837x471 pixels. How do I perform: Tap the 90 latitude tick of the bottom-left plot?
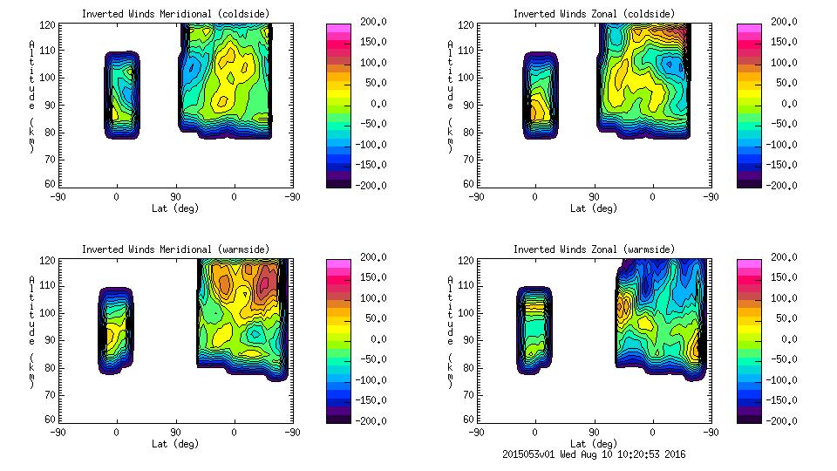[174, 432]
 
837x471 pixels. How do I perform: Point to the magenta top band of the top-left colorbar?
[339, 28]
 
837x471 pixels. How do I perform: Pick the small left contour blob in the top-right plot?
[540, 95]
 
